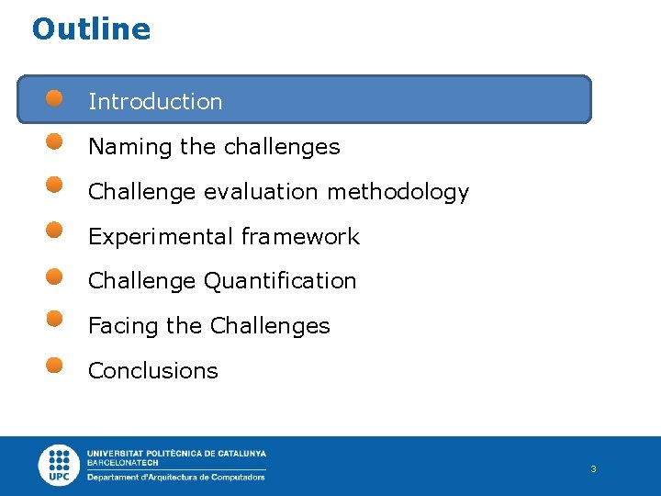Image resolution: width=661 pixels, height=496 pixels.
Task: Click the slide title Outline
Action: tap(91, 29)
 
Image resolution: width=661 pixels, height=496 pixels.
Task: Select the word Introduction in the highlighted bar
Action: tap(155, 102)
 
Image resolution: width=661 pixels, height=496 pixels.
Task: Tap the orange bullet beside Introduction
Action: tap(55, 97)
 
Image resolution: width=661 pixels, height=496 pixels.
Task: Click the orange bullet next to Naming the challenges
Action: tap(55, 141)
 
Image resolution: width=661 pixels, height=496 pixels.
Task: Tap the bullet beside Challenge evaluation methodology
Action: tap(55, 186)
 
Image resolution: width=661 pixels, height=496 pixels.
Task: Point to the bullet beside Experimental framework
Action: tap(55, 230)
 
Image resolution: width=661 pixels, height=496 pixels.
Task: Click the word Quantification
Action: tap(280, 281)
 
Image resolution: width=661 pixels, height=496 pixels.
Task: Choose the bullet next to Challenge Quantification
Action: tap(55, 275)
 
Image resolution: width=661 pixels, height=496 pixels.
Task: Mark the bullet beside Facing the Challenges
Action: tap(55, 319)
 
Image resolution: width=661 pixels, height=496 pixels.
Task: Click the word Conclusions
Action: tap(153, 371)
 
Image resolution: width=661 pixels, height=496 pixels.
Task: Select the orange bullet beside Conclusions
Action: tap(55, 365)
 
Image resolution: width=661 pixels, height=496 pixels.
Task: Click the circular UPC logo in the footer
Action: tap(60, 466)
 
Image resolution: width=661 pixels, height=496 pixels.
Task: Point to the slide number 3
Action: tap(593, 469)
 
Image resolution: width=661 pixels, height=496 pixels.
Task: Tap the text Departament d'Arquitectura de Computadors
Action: tap(176, 477)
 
